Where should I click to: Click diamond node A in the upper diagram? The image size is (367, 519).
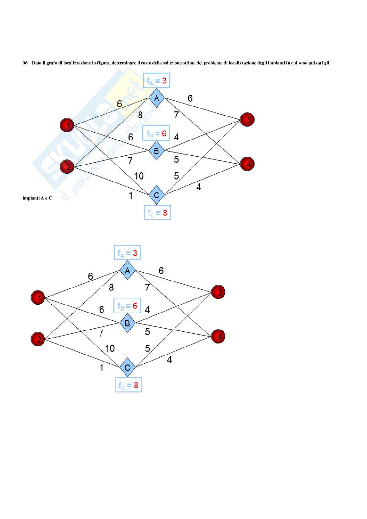coord(157,98)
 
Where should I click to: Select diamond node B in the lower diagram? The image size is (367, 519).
coord(127,323)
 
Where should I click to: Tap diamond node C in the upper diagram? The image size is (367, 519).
coord(157,195)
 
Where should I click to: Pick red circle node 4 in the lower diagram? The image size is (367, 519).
coord(219,336)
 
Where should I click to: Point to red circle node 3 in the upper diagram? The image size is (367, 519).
coord(248,120)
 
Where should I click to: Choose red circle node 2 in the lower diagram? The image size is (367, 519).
coord(39,339)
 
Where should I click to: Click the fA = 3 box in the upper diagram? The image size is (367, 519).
coord(157,81)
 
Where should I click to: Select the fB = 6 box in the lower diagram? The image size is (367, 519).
coord(127,306)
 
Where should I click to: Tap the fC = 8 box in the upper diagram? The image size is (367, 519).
coord(158,213)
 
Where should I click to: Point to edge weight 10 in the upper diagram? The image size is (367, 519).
coord(139,176)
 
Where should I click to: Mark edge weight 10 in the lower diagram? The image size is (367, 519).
coord(110,348)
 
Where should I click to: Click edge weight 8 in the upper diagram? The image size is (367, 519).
coord(140,115)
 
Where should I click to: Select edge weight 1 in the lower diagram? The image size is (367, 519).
coord(102,368)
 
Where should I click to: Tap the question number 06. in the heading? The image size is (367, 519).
coord(25,63)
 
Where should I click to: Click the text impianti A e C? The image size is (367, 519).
coord(37,198)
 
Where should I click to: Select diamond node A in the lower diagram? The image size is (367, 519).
coord(127,271)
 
